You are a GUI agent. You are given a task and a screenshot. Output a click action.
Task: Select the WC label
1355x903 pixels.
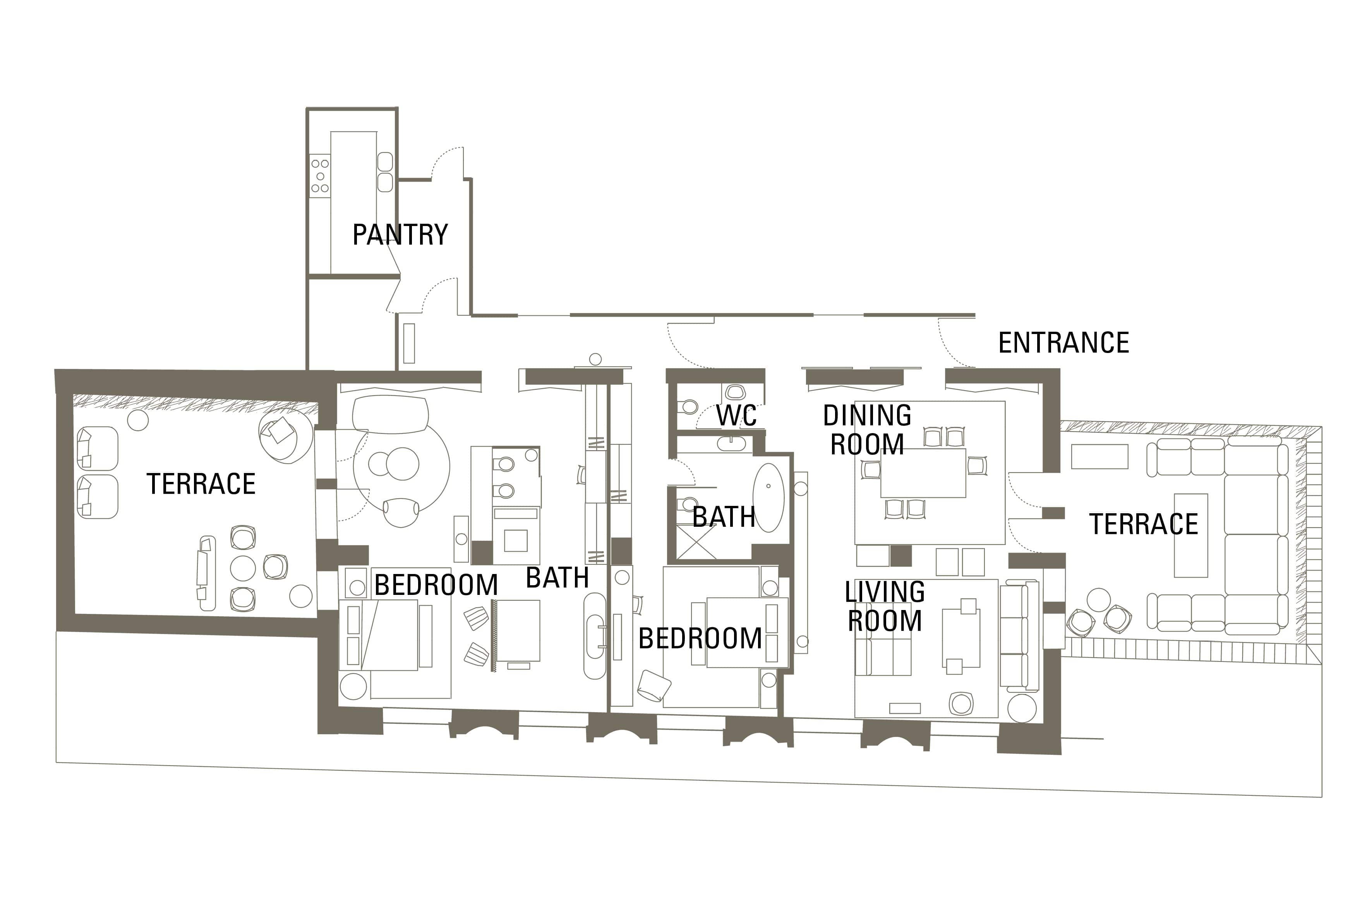tap(736, 416)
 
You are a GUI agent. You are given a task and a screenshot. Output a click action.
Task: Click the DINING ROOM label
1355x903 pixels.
tap(867, 430)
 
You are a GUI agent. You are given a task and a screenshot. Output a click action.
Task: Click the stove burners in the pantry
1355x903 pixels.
tap(320, 176)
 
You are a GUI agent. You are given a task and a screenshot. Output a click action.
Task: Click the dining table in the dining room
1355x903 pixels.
tap(923, 473)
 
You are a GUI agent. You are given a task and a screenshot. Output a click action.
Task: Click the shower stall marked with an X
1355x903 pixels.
tap(696, 541)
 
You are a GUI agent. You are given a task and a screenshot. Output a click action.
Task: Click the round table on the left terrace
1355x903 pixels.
tap(242, 568)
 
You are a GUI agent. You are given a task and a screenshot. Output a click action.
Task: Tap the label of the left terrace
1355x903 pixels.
tap(201, 484)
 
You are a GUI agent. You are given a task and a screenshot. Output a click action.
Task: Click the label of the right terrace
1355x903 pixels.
tap(1144, 524)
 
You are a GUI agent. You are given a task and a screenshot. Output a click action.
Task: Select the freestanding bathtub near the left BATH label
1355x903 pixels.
tap(595, 636)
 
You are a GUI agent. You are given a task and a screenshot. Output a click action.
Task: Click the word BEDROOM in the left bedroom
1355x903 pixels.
tap(436, 585)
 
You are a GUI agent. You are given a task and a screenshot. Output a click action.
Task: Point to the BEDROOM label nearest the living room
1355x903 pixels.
tap(700, 639)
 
